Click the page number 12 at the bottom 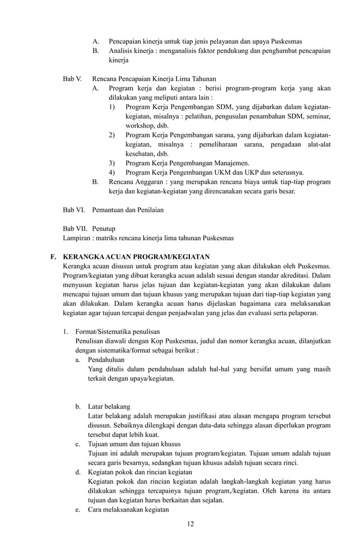pyautogui.click(x=190, y=524)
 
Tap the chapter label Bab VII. pyautogui.click(x=74, y=228)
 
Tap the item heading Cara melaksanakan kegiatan pyautogui.click(x=129, y=509)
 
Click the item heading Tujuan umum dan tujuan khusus pyautogui.click(x=133, y=444)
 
